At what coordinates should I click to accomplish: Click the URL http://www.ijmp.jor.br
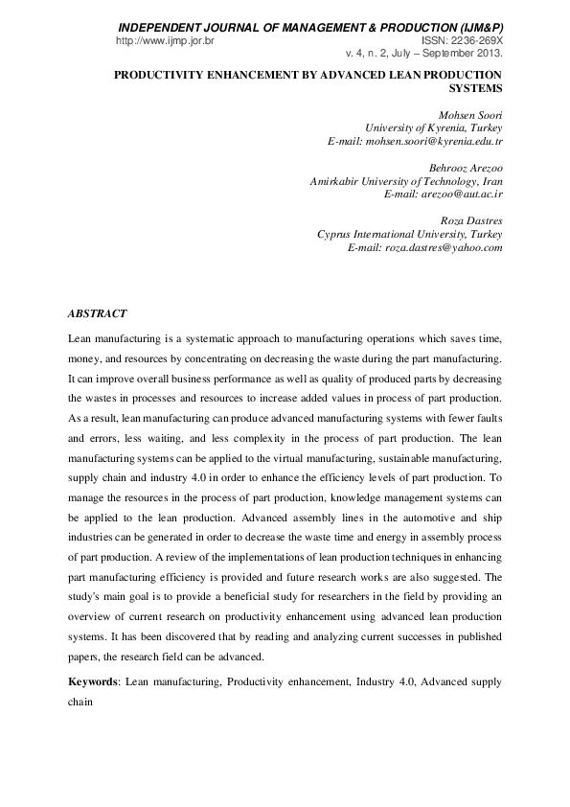coord(164,42)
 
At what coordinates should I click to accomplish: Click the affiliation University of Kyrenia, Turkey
coord(433,127)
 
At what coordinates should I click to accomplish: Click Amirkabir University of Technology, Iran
coord(406,181)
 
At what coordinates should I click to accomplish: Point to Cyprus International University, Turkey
coord(409,234)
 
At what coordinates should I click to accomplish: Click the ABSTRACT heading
coord(97,313)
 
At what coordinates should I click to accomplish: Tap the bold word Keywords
coord(94,681)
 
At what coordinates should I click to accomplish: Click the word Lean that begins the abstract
coord(80,340)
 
